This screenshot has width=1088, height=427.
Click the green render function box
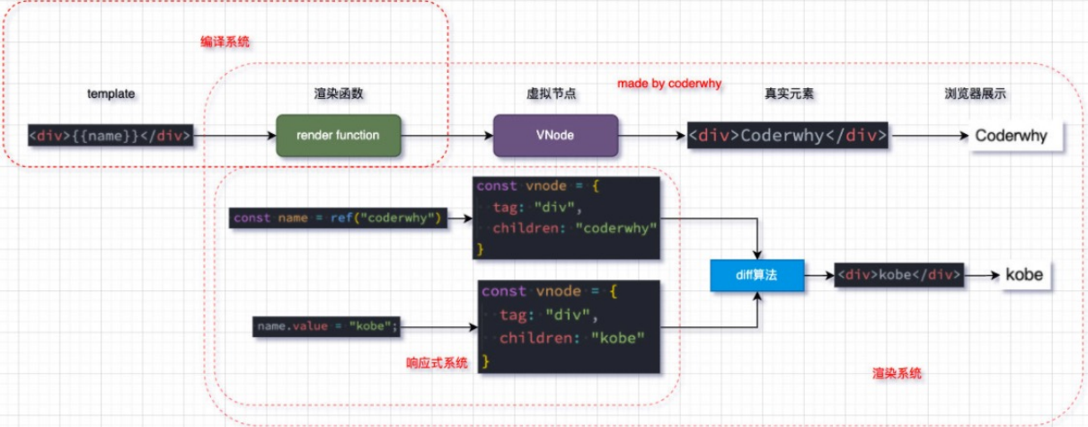tap(338, 136)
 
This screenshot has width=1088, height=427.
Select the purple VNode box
tap(556, 136)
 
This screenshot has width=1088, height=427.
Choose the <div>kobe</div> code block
tap(899, 275)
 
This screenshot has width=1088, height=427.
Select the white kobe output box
tap(1024, 275)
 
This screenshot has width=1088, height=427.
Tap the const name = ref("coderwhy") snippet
tap(339, 218)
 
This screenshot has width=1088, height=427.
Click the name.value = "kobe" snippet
tap(327, 326)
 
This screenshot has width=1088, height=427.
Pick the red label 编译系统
tap(225, 41)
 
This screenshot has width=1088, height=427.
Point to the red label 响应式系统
tap(438, 363)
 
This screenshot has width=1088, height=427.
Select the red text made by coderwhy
tap(669, 84)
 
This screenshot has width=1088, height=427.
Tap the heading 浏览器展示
tap(974, 93)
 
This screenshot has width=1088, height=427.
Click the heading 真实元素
tap(789, 93)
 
